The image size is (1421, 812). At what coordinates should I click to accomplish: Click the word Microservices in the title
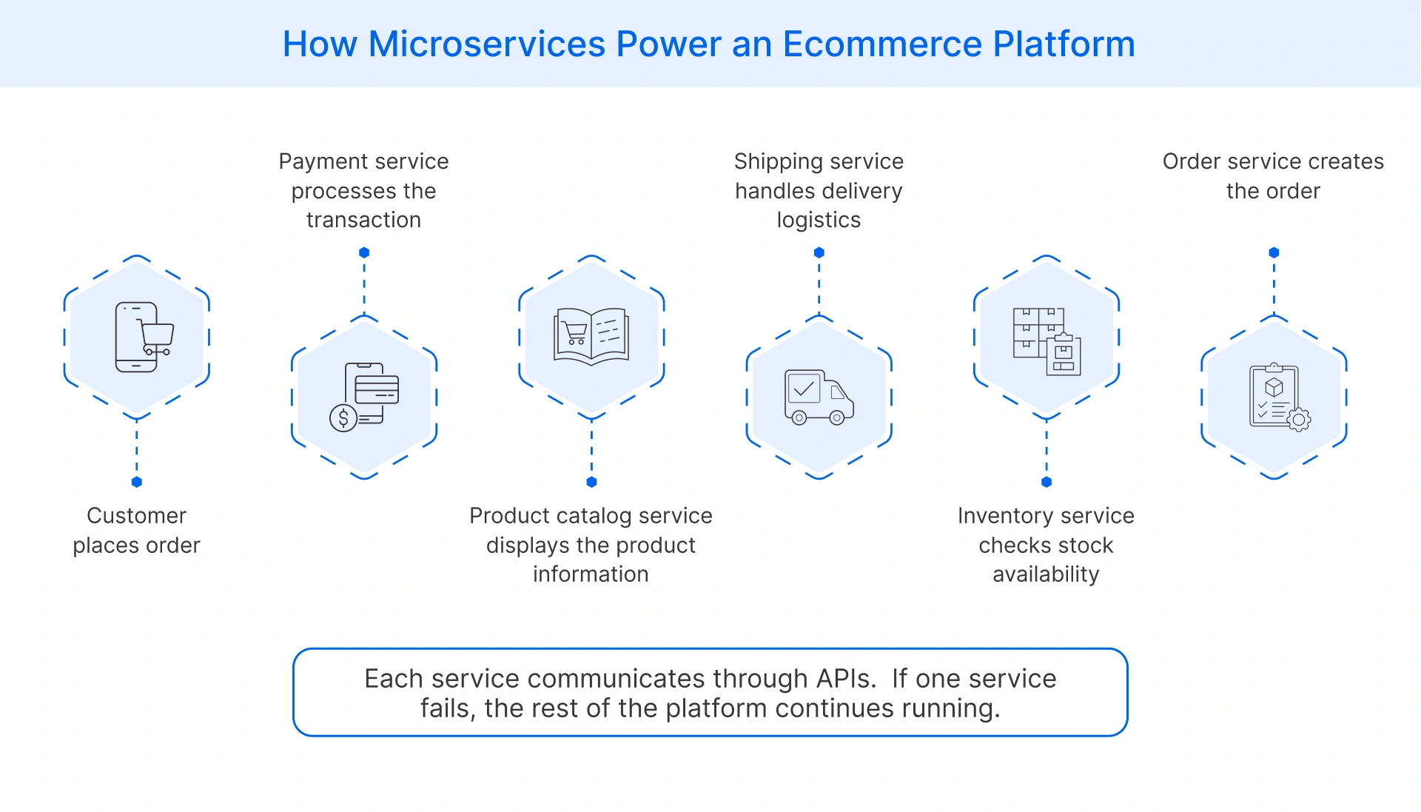[x=486, y=44]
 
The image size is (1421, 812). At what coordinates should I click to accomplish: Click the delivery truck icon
[x=819, y=397]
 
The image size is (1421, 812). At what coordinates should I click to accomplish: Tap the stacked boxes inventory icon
[x=1047, y=340]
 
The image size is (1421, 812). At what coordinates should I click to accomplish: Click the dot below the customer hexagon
[x=136, y=482]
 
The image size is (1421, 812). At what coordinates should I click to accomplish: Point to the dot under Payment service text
[x=364, y=252]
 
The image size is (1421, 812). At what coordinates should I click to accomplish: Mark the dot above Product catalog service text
[x=591, y=482]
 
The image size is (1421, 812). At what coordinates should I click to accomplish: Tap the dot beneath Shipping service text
[x=819, y=252]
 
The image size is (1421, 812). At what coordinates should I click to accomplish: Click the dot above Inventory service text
[x=1047, y=482]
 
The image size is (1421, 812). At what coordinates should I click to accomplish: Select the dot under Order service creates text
[x=1274, y=252]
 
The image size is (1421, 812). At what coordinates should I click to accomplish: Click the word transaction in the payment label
[x=363, y=220]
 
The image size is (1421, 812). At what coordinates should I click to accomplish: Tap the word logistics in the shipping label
[x=819, y=220]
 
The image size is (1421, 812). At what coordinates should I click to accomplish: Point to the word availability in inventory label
[x=1046, y=574]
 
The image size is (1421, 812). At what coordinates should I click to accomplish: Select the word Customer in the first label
[x=136, y=515]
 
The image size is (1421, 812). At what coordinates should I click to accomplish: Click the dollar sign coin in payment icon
[x=343, y=418]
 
